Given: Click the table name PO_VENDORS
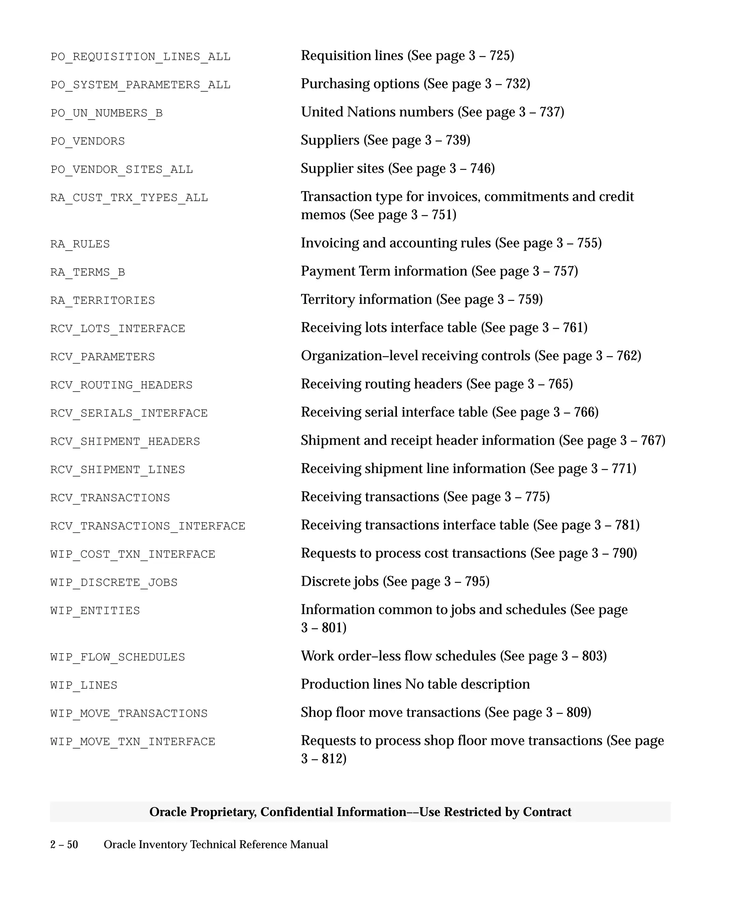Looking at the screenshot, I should pyautogui.click(x=88, y=141).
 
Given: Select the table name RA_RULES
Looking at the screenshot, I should pyautogui.click(x=80, y=244).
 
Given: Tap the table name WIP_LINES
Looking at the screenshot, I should pyautogui.click(x=84, y=685).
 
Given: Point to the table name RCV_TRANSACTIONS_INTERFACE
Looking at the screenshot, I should pyautogui.click(x=147, y=526).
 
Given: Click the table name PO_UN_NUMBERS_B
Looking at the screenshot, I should pyautogui.click(x=106, y=113).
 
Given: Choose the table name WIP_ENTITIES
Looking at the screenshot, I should pyautogui.click(x=95, y=610).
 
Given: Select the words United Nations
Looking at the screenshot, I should pyautogui.click(x=377, y=112).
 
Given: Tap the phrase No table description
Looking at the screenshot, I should pyautogui.click(x=467, y=684).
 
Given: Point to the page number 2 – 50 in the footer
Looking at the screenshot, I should pyautogui.click(x=64, y=844).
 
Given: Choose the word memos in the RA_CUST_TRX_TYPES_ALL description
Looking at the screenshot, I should pyautogui.click(x=323, y=214).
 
